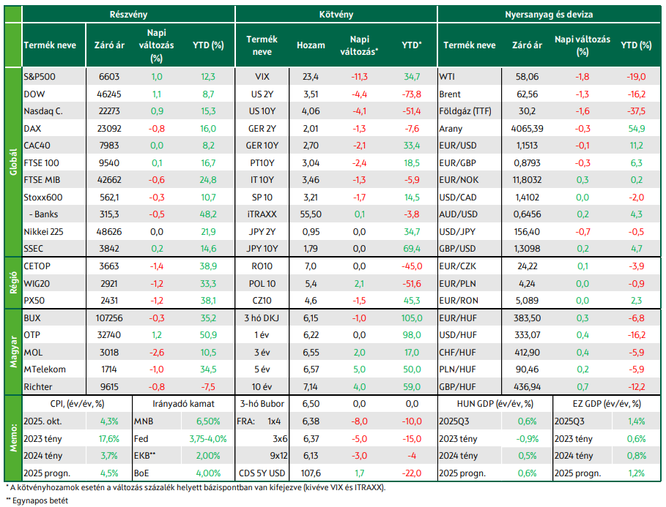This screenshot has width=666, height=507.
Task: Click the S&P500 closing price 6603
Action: [109, 77]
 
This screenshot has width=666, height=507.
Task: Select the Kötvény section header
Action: [336, 15]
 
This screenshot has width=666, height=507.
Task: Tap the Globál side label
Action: [13, 162]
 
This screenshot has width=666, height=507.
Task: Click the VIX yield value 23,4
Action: [311, 77]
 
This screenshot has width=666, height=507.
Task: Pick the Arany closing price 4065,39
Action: [527, 129]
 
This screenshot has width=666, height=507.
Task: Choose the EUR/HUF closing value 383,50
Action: [527, 318]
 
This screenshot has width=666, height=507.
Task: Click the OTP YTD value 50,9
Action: [208, 335]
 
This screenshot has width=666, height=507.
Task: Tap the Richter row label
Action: [38, 387]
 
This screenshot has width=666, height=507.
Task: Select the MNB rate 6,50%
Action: [208, 421]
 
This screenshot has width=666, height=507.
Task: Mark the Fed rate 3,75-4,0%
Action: [208, 439]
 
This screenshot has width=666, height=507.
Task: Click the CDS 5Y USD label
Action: [262, 473]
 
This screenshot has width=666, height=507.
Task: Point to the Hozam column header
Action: [311, 45]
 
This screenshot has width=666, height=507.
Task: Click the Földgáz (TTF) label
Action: [465, 111]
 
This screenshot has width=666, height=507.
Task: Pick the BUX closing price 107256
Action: [109, 318]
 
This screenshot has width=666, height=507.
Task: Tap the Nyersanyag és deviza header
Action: [549, 15]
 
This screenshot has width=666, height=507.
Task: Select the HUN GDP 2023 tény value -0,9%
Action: [527, 439]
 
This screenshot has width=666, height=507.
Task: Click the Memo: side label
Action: [13, 437]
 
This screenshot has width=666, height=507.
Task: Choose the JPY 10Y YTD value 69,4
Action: [412, 249]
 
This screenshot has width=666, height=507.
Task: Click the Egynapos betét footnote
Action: [37, 501]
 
